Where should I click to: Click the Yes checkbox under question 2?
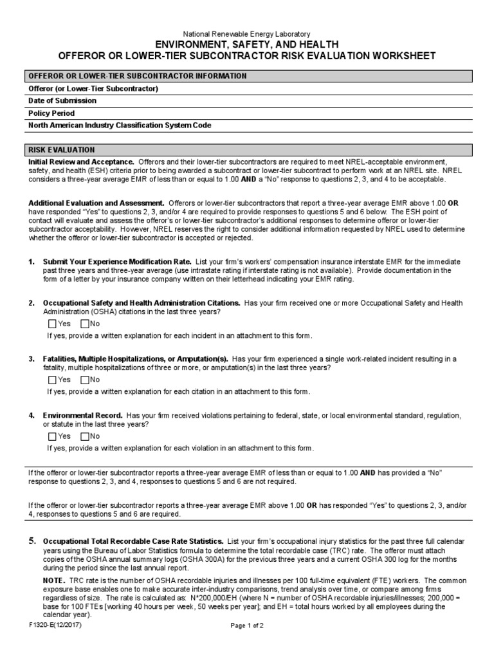coord(52,324)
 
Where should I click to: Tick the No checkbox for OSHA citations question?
coord(85,324)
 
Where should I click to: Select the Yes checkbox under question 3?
coord(52,379)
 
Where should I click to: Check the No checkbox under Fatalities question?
coord(85,379)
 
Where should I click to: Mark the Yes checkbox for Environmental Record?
coord(52,436)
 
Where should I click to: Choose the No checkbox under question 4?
coord(85,436)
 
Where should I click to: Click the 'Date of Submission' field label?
coord(62,101)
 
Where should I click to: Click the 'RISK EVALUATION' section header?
coord(62,149)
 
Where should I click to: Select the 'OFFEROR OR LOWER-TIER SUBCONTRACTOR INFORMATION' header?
coord(137,76)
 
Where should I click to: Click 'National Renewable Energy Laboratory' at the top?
coord(247,33)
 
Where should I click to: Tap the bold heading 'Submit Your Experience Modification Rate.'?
coord(117,262)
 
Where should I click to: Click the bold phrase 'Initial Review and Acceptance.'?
coord(81,162)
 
